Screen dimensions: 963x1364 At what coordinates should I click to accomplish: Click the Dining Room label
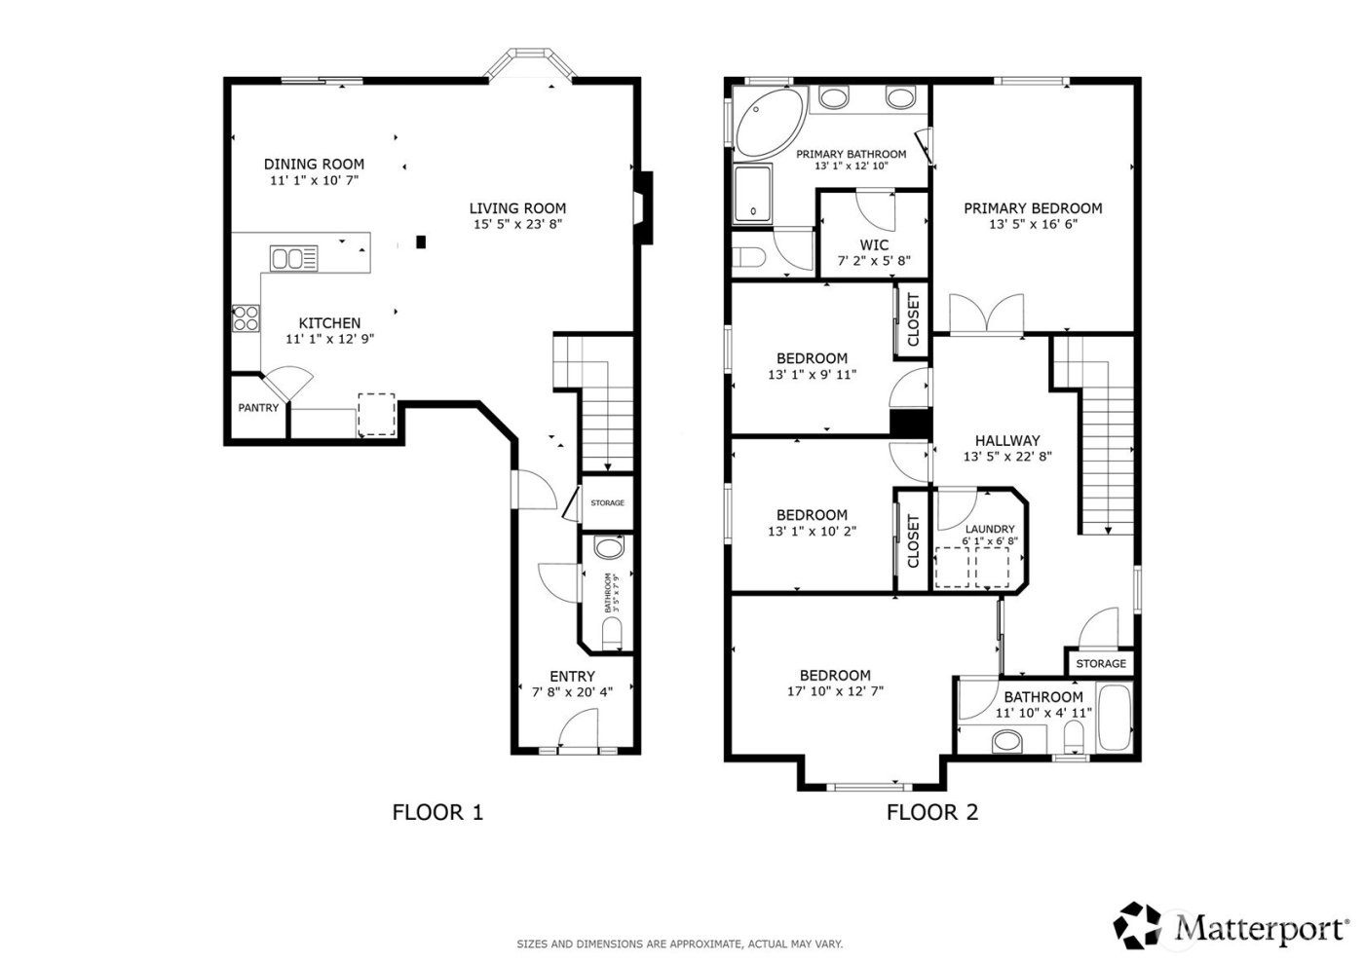pyautogui.click(x=314, y=165)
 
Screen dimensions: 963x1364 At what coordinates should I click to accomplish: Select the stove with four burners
pyautogui.click(x=246, y=318)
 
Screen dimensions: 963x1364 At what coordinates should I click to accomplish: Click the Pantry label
pyautogui.click(x=258, y=408)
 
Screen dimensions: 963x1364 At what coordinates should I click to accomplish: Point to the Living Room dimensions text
pyautogui.click(x=517, y=224)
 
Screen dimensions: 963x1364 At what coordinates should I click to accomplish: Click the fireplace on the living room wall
pyautogui.click(x=643, y=207)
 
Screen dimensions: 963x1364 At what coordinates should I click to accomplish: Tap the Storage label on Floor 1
pyautogui.click(x=607, y=502)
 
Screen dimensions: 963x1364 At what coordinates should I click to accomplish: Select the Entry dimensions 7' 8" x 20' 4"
pyautogui.click(x=572, y=692)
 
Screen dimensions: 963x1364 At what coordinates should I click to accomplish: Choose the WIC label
pyautogui.click(x=873, y=245)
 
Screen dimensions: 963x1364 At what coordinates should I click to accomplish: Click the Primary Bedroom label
pyautogui.click(x=1033, y=208)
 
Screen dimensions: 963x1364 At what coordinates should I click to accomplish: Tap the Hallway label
pyautogui.click(x=1007, y=440)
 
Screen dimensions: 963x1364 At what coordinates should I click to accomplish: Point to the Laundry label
pyautogui.click(x=989, y=529)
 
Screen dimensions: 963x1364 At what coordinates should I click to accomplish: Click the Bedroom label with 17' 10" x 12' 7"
pyautogui.click(x=835, y=675)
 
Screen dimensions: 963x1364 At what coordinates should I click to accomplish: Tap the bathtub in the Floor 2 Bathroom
pyautogui.click(x=1114, y=718)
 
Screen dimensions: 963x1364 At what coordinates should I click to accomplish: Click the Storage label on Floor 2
pyautogui.click(x=1101, y=663)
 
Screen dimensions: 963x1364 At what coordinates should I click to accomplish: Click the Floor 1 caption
pyautogui.click(x=437, y=811)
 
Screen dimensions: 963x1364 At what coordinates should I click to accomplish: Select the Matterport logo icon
pyautogui.click(x=1137, y=925)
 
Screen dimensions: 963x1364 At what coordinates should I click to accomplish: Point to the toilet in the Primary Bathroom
pyautogui.click(x=751, y=258)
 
